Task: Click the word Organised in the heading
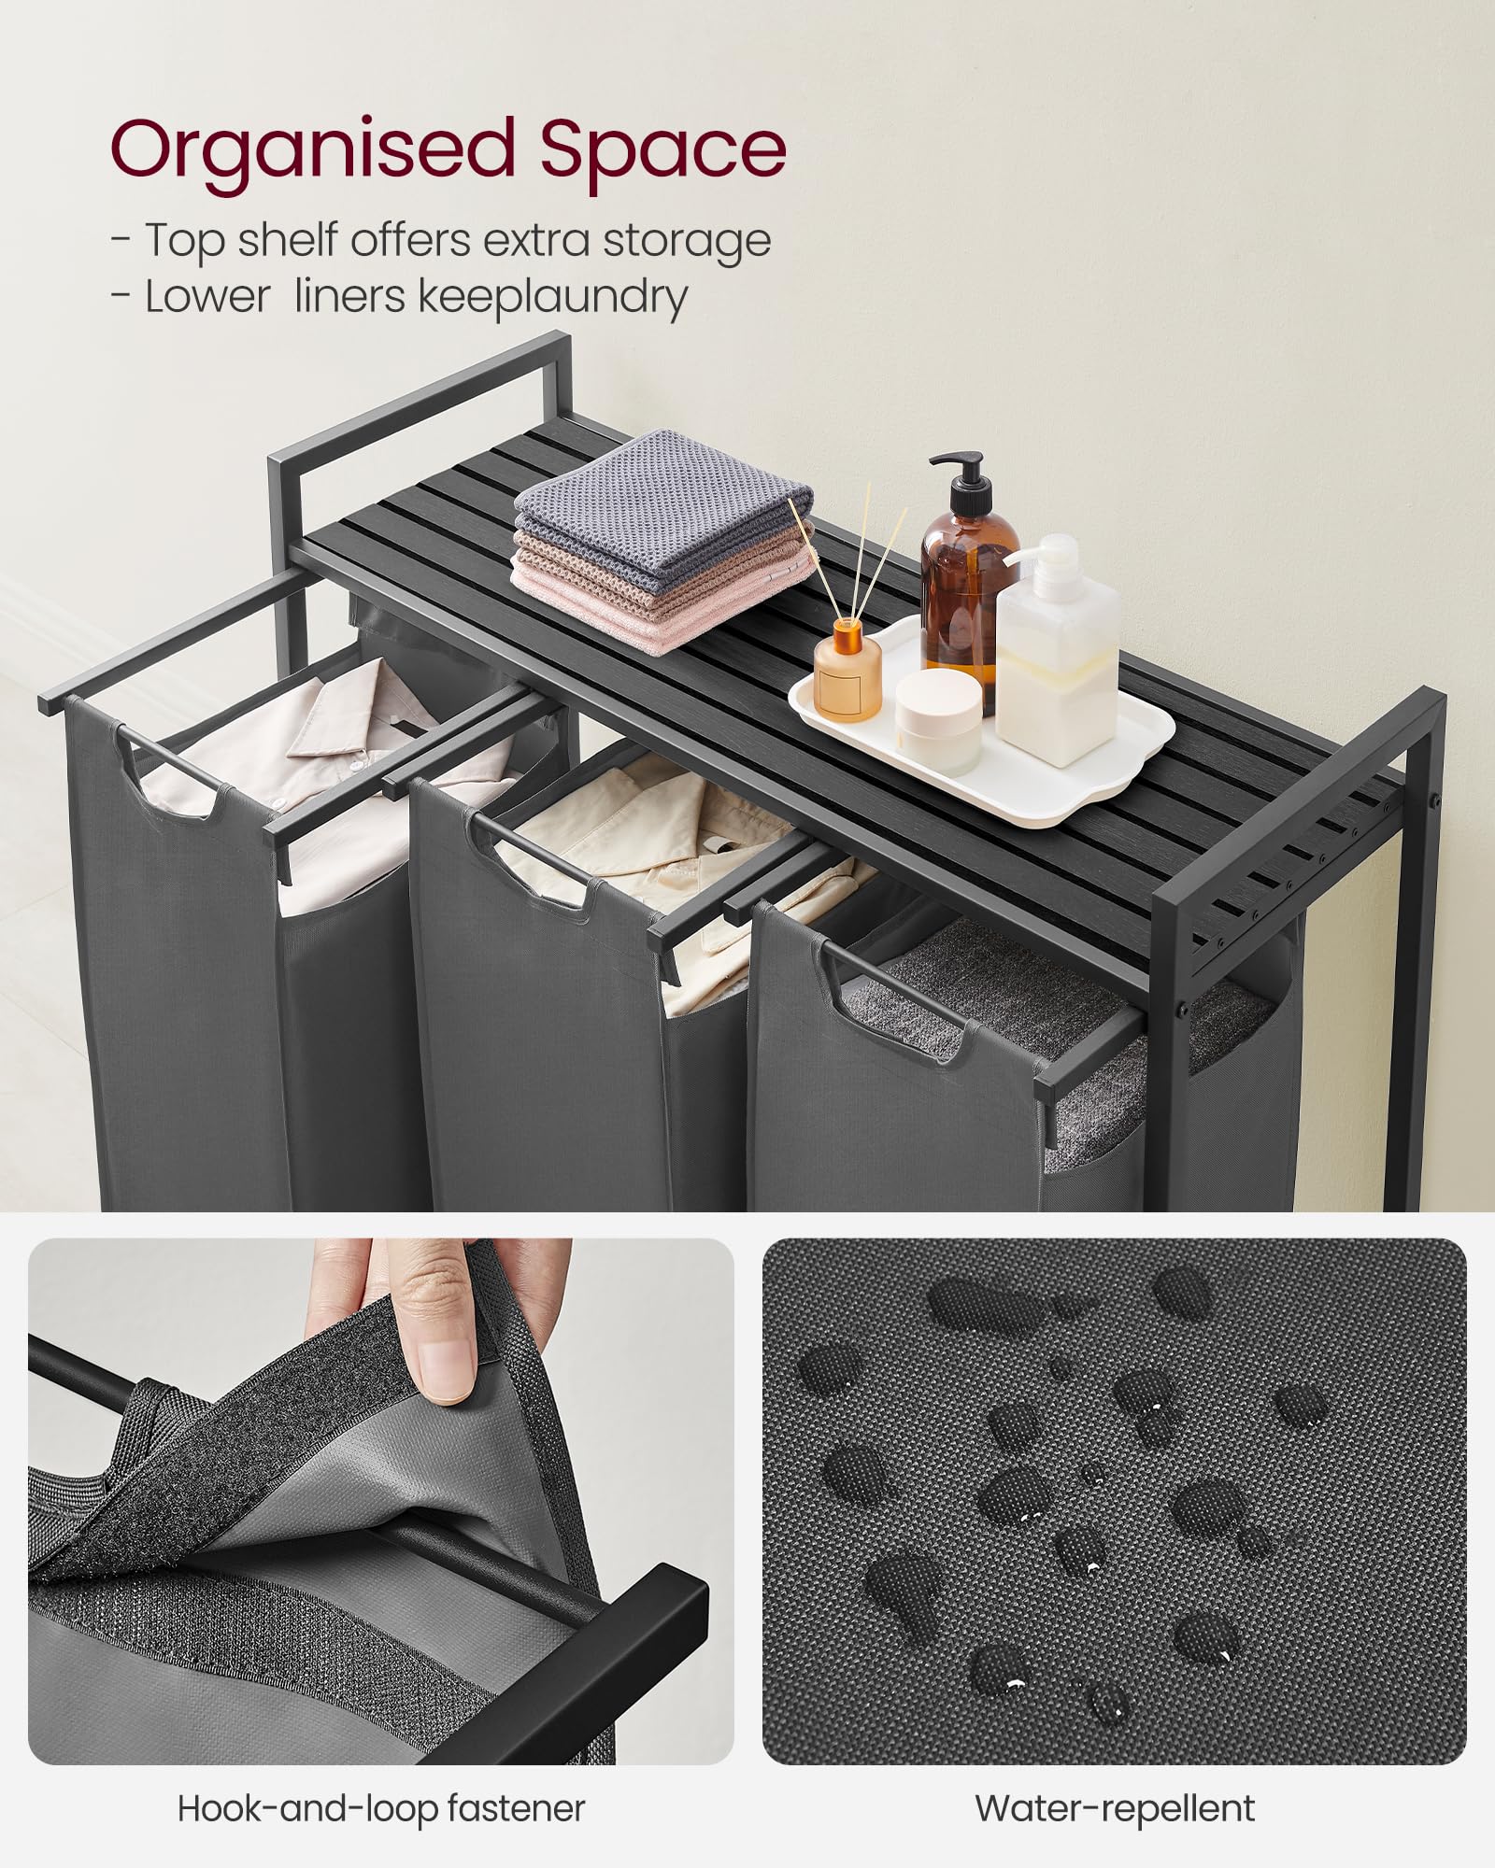coord(313,149)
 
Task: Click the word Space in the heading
coord(662,149)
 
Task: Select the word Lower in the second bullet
coord(206,297)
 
